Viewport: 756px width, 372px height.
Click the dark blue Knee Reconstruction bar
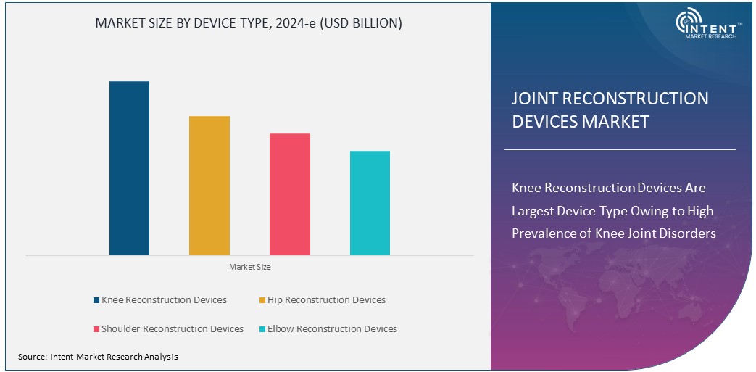pyautogui.click(x=129, y=168)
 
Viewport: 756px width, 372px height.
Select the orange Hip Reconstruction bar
pyautogui.click(x=209, y=186)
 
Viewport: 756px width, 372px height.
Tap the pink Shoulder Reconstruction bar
pyautogui.click(x=290, y=194)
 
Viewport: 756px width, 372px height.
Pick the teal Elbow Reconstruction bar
pyautogui.click(x=370, y=203)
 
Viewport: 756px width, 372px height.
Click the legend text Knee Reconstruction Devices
pyautogui.click(x=164, y=300)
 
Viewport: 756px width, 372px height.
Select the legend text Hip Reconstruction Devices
pyautogui.click(x=326, y=300)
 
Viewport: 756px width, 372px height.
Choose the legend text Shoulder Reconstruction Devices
pyautogui.click(x=173, y=329)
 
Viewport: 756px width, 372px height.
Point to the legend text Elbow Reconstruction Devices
pyautogui.click(x=332, y=329)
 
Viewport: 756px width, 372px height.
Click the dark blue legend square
pyautogui.click(x=96, y=300)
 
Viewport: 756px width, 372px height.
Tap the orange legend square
pyautogui.click(x=262, y=300)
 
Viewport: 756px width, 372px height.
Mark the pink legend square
pyautogui.click(x=96, y=329)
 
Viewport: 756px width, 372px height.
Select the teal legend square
pyautogui.click(x=262, y=329)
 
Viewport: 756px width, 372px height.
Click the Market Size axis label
pyautogui.click(x=250, y=268)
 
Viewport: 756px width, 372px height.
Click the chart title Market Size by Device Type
pyautogui.click(x=249, y=23)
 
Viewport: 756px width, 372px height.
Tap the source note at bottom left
pyautogui.click(x=98, y=357)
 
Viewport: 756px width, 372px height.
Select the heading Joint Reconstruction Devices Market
pyautogui.click(x=610, y=109)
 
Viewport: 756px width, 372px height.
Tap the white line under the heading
pyautogui.click(x=620, y=150)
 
